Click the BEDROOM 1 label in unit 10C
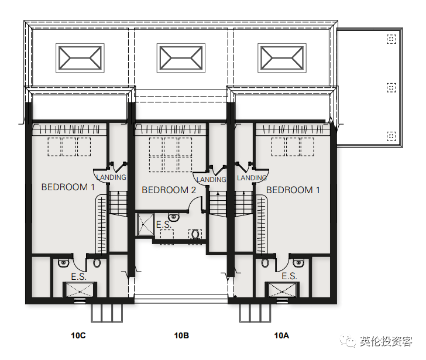tap(68, 187)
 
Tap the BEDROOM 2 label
tap(169, 190)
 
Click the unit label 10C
tap(78, 335)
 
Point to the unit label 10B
tap(181, 335)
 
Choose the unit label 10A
tap(281, 335)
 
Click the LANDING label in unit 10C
tap(111, 177)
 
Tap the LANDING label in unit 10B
tap(211, 180)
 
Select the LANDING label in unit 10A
tap(252, 177)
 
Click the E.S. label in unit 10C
tap(78, 276)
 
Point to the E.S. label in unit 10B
tap(163, 225)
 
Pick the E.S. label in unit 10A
tap(289, 276)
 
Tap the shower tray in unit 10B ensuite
tap(145, 225)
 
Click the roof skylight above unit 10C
tap(80, 58)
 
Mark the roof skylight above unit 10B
tap(181, 58)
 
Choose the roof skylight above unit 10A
tap(283, 58)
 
